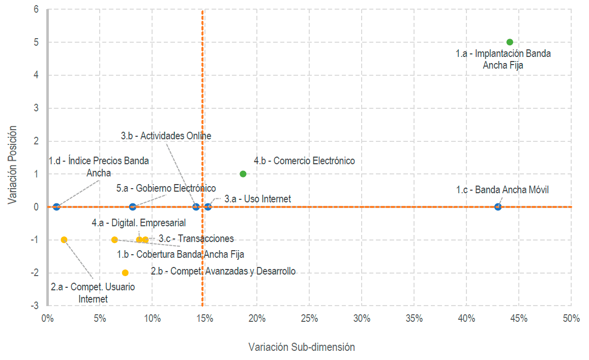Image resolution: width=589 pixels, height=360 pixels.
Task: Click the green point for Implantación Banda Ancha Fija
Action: tap(510, 42)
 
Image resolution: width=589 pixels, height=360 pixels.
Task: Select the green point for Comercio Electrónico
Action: tap(243, 174)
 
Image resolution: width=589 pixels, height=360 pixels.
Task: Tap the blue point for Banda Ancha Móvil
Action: tap(498, 206)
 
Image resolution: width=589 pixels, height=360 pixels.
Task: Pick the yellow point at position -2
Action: tap(125, 273)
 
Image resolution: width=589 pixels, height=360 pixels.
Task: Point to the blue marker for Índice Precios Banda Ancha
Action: tap(56, 206)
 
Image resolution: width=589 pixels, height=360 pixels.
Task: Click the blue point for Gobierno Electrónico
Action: tap(133, 206)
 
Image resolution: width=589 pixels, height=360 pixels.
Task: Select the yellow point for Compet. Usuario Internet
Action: tap(64, 239)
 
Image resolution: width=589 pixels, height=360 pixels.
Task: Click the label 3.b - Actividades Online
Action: tap(166, 136)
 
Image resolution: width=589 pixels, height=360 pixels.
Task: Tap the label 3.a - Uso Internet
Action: tap(257, 199)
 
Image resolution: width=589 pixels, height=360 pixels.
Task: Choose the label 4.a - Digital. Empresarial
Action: tap(138, 223)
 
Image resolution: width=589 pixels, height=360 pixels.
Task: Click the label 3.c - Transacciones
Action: tap(196, 238)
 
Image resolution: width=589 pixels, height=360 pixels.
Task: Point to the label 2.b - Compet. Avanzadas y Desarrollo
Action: tap(223, 271)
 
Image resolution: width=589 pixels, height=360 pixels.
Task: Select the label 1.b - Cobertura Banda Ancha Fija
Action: tap(184, 254)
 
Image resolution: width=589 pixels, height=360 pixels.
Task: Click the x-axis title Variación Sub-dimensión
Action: tap(302, 347)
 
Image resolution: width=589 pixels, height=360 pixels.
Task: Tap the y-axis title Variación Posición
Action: tap(13, 166)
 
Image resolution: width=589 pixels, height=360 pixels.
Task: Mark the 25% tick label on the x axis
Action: tap(309, 319)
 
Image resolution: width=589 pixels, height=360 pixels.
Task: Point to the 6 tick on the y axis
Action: tap(36, 9)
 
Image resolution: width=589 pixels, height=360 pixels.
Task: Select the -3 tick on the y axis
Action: tap(35, 306)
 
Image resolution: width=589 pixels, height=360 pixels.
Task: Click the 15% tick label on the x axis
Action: tap(204, 319)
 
